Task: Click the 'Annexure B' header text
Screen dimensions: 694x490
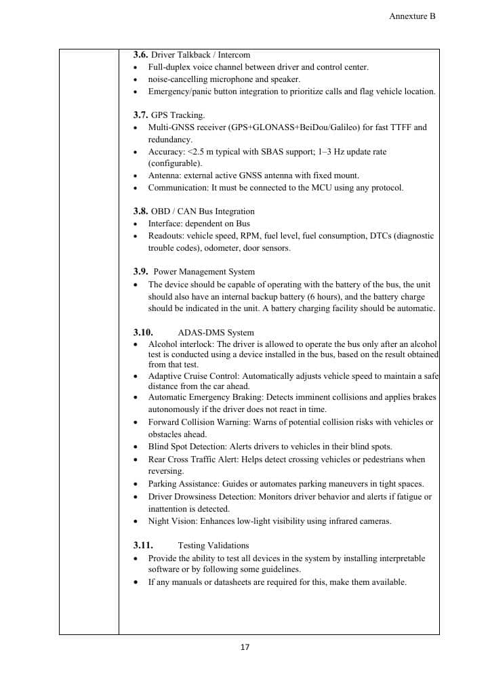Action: (412, 16)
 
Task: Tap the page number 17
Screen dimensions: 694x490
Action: (245, 647)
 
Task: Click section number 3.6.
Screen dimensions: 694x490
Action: (140, 54)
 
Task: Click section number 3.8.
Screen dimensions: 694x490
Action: (140, 211)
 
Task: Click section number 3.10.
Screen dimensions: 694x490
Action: (143, 333)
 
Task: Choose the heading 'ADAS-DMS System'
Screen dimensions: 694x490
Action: (216, 333)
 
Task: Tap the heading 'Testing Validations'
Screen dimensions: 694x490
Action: (213, 546)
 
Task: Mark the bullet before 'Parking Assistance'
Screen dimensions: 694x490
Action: (138, 484)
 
